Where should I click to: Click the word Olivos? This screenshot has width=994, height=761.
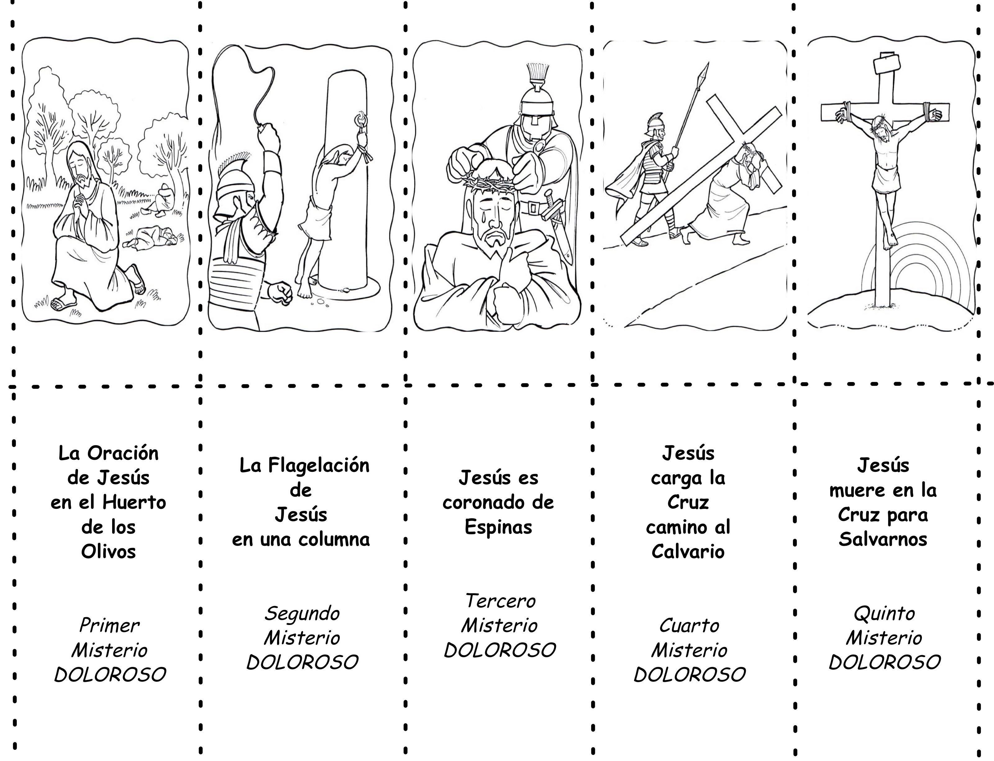coord(108,552)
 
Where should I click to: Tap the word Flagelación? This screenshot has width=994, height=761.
coord(318,466)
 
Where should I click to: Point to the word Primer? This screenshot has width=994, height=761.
coord(109,626)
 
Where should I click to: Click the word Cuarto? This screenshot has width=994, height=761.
coord(689,626)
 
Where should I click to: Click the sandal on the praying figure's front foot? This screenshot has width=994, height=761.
coord(62,304)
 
